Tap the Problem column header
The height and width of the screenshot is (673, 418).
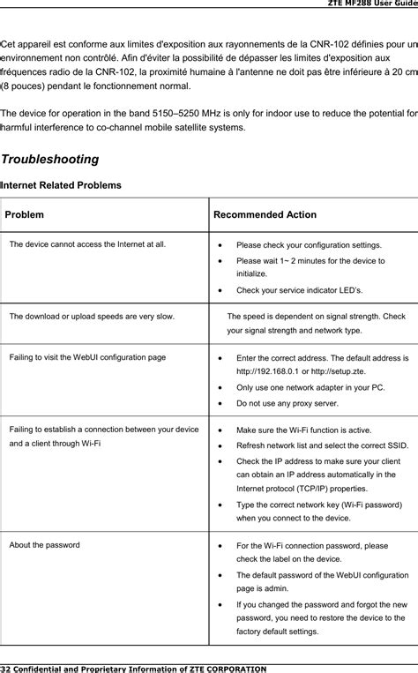[26, 214]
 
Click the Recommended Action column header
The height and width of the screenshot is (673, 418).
[265, 214]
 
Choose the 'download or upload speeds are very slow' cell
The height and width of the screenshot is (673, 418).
[92, 315]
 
